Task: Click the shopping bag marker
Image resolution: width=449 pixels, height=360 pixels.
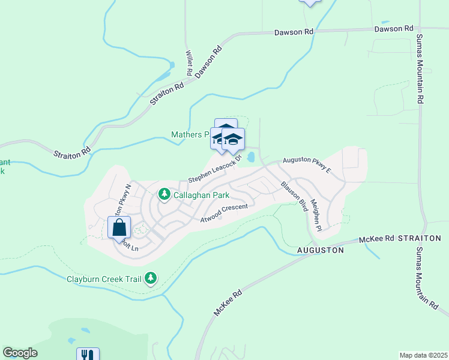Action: [119, 228]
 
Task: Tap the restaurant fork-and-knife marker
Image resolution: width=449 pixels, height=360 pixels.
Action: [88, 355]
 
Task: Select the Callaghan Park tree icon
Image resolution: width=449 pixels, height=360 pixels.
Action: [164, 194]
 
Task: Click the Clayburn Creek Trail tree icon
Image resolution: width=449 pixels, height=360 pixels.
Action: [151, 278]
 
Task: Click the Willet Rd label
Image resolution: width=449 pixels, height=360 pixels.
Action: [189, 62]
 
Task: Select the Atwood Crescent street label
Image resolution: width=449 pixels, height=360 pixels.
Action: [224, 212]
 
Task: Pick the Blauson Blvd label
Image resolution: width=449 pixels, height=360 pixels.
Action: [295, 196]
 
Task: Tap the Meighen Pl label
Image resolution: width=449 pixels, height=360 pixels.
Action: [316, 219]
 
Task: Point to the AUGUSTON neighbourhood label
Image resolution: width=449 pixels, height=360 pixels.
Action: [321, 250]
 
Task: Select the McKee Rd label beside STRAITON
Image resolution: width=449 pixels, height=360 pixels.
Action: [376, 239]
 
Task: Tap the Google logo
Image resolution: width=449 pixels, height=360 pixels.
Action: [20, 353]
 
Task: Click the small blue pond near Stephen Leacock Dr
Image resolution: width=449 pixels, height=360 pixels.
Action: [251, 157]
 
